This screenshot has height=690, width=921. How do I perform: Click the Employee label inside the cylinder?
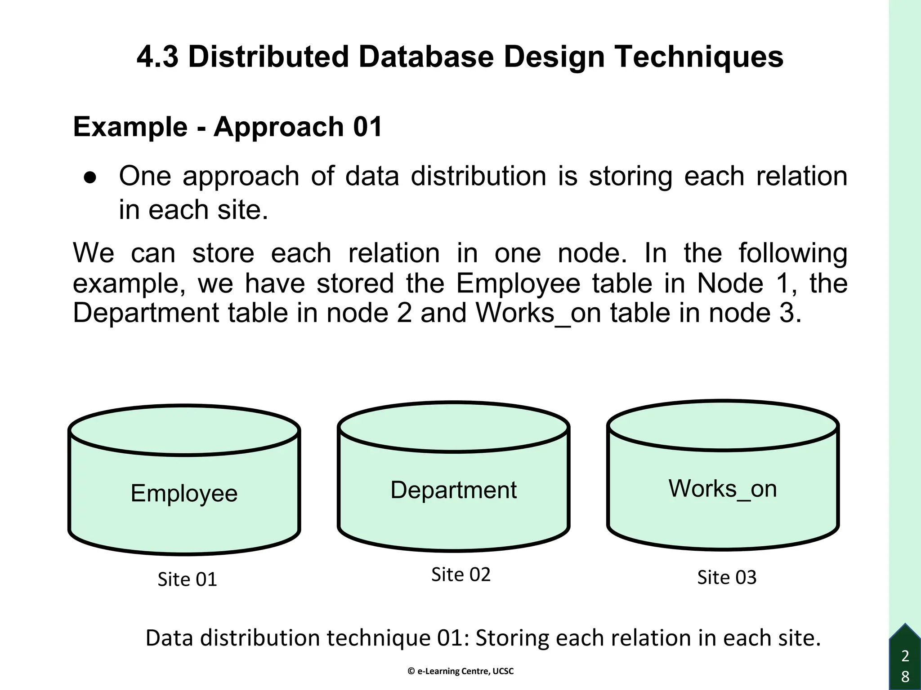click(x=184, y=493)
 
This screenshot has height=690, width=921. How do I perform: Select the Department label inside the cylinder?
click(x=453, y=490)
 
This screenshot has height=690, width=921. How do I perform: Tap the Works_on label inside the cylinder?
click(x=723, y=488)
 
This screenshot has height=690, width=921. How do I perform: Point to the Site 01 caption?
click(x=187, y=579)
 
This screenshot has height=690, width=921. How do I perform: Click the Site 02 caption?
click(x=460, y=575)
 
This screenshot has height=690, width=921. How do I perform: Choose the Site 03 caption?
click(x=727, y=577)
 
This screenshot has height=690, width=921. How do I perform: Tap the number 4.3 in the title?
click(x=157, y=57)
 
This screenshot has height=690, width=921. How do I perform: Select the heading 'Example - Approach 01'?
click(x=228, y=127)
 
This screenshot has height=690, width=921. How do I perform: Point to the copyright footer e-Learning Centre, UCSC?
click(x=460, y=671)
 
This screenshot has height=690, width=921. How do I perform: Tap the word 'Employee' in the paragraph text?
click(x=518, y=283)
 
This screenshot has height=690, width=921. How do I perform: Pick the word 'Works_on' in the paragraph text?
click(x=538, y=313)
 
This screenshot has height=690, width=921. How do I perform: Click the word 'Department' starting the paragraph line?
click(x=146, y=313)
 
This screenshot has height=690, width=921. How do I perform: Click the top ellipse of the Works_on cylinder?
click(x=723, y=425)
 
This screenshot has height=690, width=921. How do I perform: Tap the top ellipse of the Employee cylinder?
click(x=184, y=430)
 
